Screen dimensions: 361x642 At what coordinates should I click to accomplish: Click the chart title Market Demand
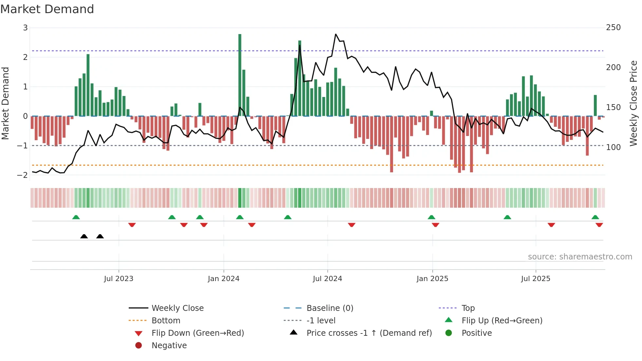[x=47, y=9]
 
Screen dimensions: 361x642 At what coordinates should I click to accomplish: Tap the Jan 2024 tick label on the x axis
[x=223, y=279]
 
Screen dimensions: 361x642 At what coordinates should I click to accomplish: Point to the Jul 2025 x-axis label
[x=536, y=279]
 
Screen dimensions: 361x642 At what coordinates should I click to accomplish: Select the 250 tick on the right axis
[x=613, y=28]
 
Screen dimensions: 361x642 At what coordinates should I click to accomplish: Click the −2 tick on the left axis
[x=23, y=175]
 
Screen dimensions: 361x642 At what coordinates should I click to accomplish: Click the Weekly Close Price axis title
[x=633, y=103]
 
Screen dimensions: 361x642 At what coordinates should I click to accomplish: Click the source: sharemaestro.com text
[x=580, y=257]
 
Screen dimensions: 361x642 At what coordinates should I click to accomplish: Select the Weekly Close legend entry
[x=177, y=308]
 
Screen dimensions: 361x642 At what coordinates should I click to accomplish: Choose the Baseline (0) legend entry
[x=330, y=308]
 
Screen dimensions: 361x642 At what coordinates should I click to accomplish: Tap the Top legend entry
[x=468, y=308]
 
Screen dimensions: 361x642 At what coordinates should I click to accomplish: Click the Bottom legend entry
[x=166, y=321]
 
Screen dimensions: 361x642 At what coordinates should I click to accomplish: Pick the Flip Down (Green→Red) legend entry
[x=198, y=333]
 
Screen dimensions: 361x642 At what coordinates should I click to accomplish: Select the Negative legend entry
[x=169, y=346]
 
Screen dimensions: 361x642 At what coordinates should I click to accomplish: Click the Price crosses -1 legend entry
[x=369, y=333]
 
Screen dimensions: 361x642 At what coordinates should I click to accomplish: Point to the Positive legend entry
[x=476, y=333]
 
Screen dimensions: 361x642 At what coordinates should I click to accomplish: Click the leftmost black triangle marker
[x=84, y=237]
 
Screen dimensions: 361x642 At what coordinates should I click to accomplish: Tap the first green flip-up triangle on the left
[x=76, y=217]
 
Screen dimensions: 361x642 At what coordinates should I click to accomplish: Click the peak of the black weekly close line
[x=336, y=34]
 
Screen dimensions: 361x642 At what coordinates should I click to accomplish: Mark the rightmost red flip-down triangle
[x=599, y=225]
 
